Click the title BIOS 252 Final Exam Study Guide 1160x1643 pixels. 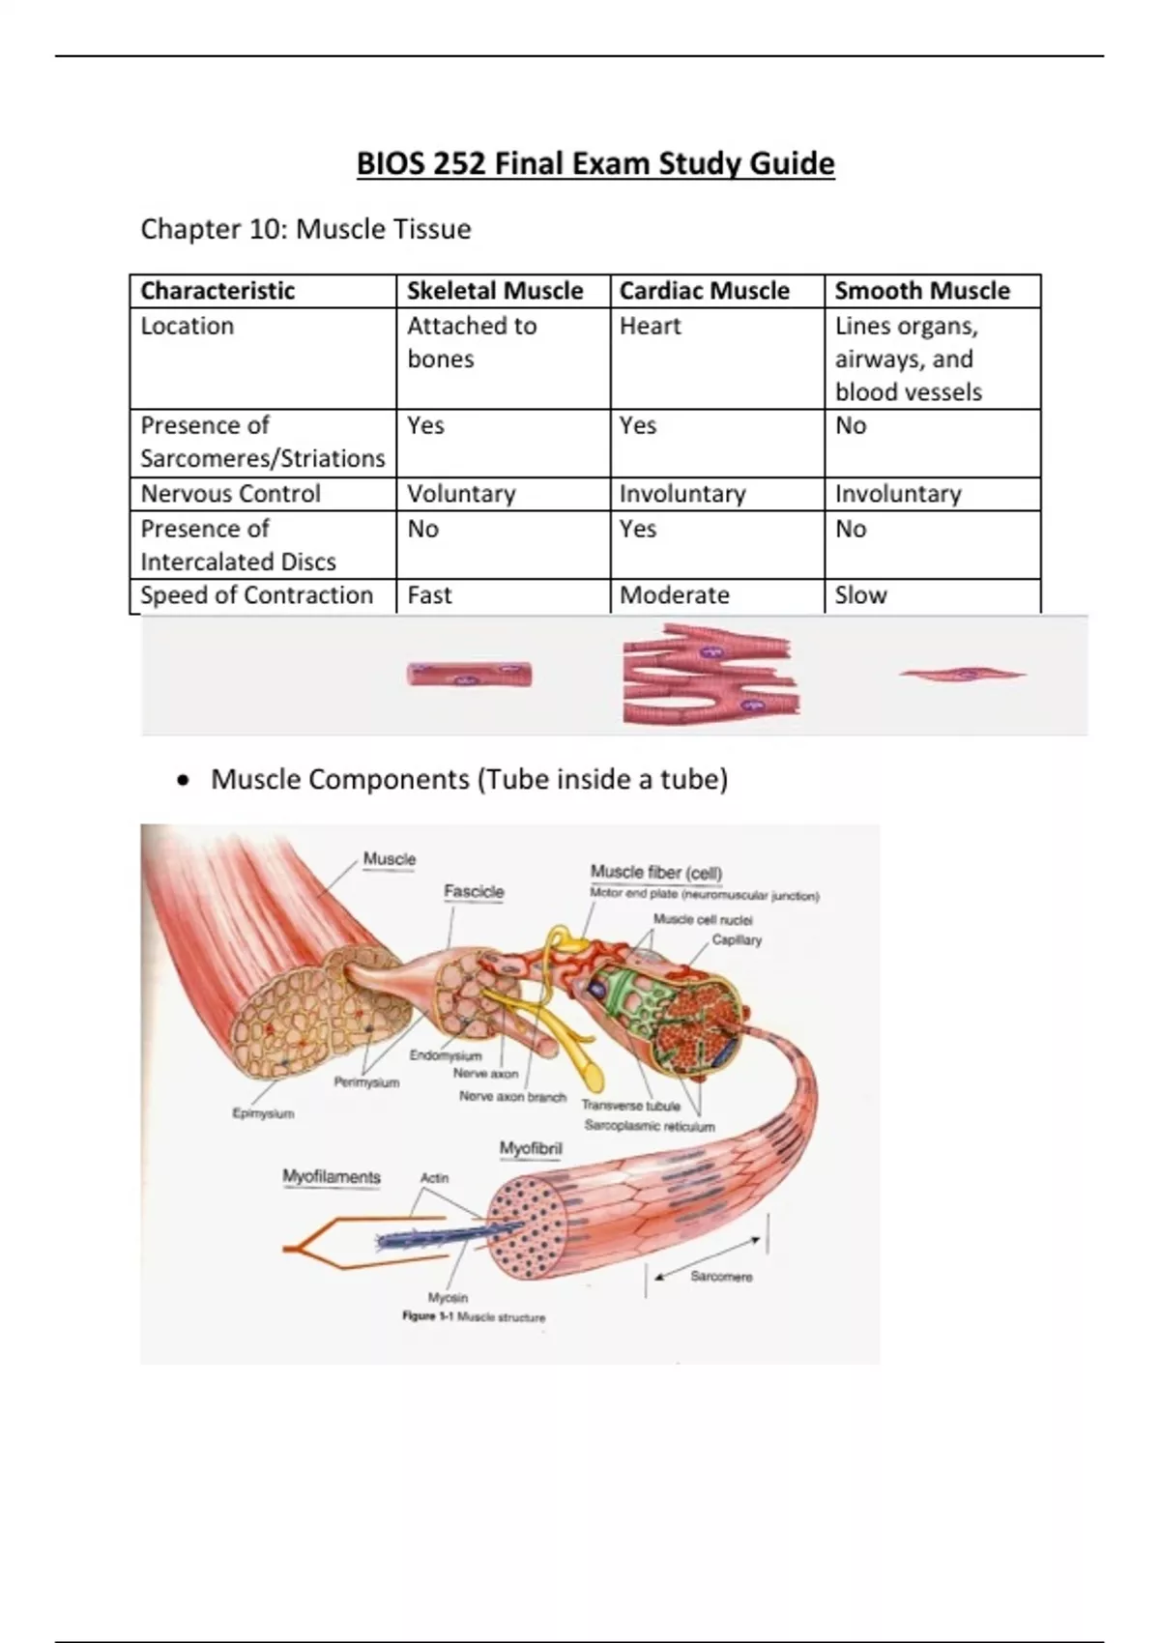click(594, 163)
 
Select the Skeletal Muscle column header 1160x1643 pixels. click(494, 291)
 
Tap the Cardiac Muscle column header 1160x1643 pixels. click(704, 291)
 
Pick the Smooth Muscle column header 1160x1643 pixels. click(921, 291)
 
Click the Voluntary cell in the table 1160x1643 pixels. click(461, 494)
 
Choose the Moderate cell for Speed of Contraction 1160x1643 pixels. click(674, 595)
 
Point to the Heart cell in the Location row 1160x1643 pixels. click(650, 327)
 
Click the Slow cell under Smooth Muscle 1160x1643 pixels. click(860, 595)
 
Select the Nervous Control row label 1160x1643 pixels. click(230, 494)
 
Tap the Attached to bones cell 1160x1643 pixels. click(471, 342)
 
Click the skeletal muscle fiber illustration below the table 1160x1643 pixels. click(470, 675)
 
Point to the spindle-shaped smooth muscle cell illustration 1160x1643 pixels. click(962, 675)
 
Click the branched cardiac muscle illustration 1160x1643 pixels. click(710, 675)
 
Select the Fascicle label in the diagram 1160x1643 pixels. click(474, 891)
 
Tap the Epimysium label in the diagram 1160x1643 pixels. click(263, 1113)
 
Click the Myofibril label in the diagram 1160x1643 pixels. click(531, 1148)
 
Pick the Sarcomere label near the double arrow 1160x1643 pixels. click(721, 1277)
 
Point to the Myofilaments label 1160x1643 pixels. click(332, 1177)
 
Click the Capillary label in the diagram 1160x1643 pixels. click(737, 939)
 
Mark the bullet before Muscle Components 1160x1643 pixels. click(184, 780)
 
